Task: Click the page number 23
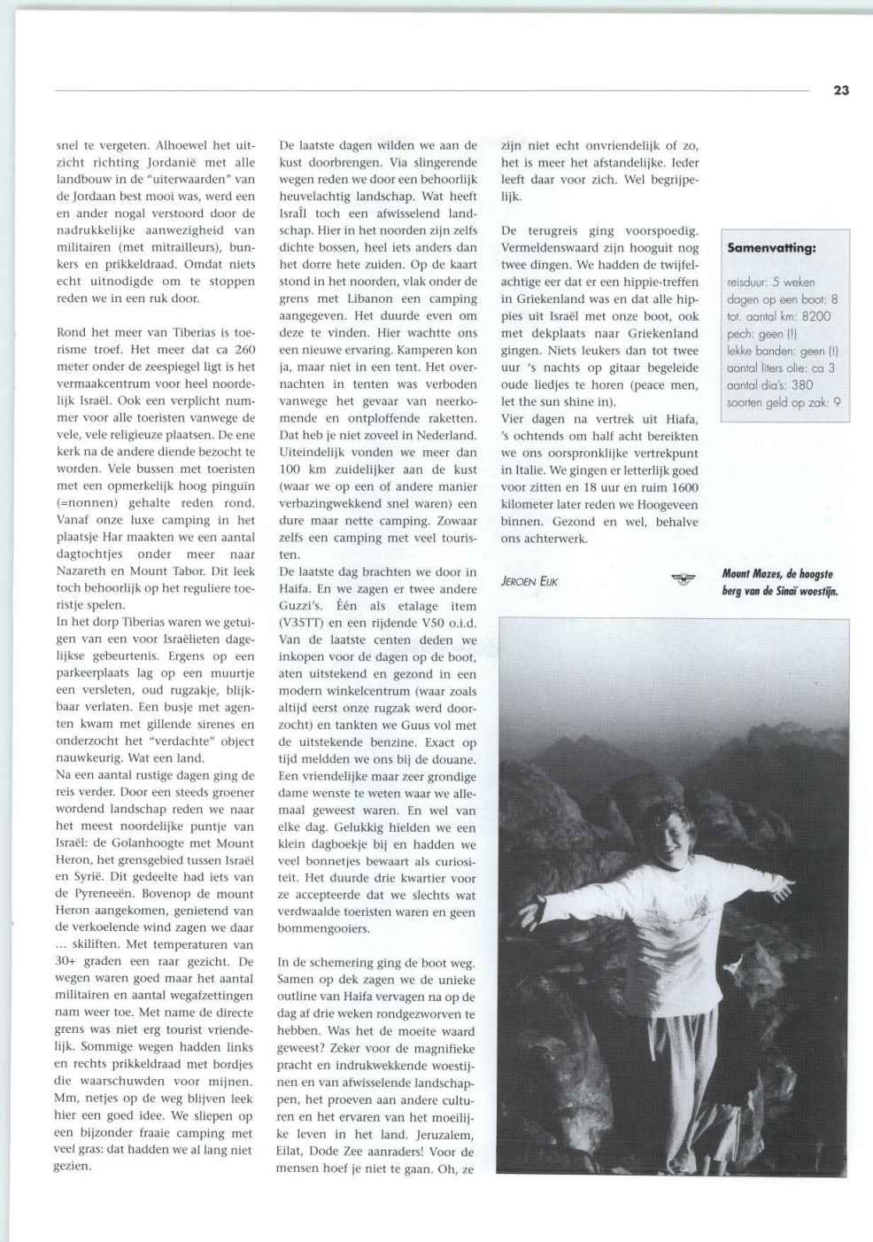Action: [x=840, y=89]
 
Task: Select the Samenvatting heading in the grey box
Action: [x=771, y=248]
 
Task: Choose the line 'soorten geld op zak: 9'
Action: [x=783, y=401]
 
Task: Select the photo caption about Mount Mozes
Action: [x=778, y=583]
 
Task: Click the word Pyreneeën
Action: [x=95, y=894]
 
